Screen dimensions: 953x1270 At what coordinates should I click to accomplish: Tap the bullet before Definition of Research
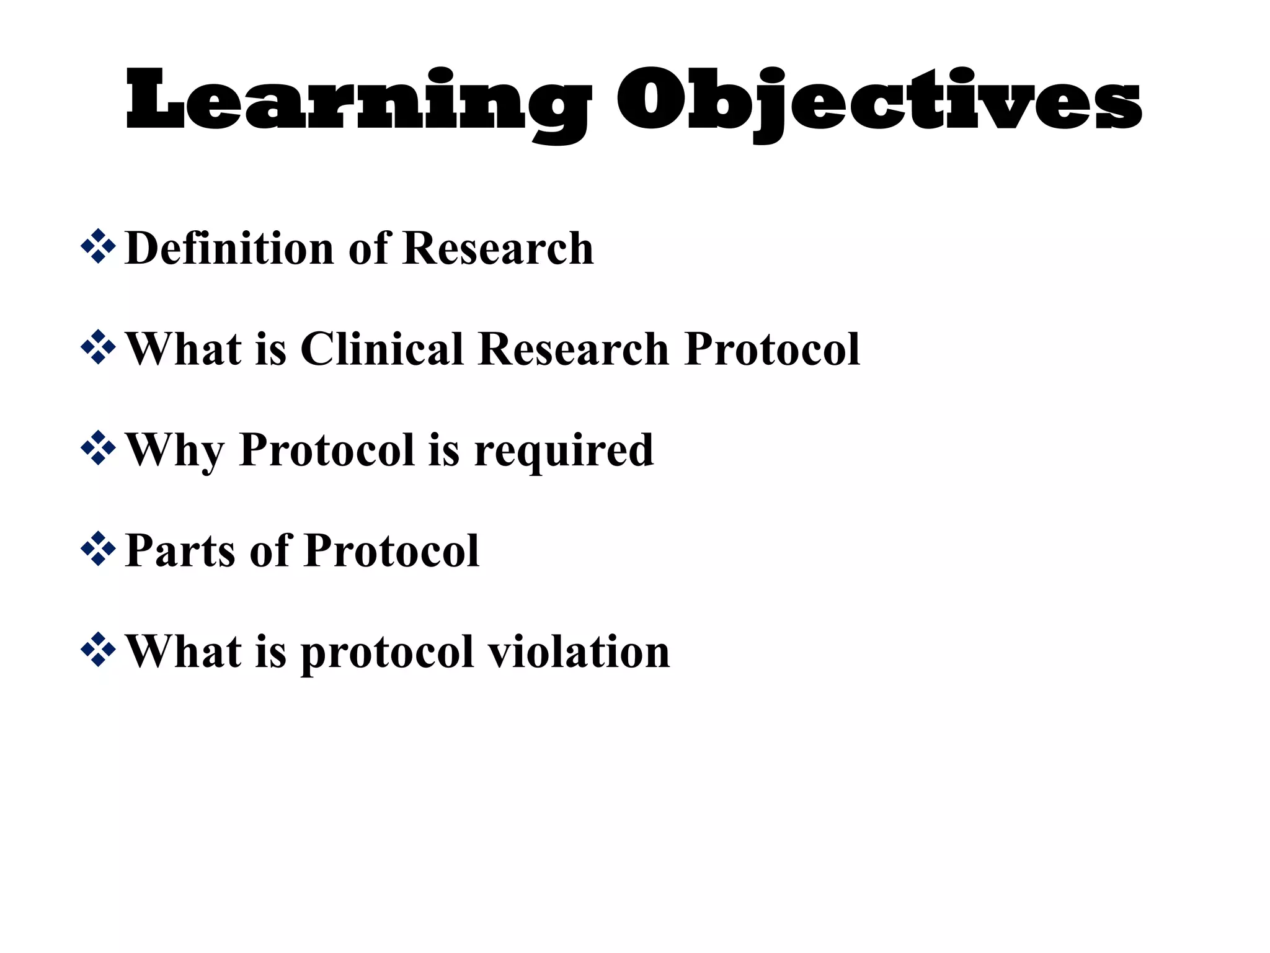pos(98,246)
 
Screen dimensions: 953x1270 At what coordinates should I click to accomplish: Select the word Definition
pos(229,248)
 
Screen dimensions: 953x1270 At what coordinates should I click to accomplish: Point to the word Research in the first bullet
pos(498,248)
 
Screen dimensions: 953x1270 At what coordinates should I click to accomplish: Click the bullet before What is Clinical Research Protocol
pos(98,347)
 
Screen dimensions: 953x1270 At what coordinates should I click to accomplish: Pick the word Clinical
pos(382,349)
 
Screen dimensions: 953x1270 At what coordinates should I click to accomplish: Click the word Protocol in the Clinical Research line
pos(772,349)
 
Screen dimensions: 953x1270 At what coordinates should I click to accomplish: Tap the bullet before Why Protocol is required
pos(98,448)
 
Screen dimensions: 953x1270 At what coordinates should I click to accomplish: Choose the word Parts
pos(180,550)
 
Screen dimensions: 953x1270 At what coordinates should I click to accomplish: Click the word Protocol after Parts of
pos(392,550)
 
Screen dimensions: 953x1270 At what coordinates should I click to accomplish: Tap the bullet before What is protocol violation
pos(98,650)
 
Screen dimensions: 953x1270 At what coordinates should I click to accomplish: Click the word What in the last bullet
pos(183,651)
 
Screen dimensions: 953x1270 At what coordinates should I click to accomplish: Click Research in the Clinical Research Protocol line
pos(574,349)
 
